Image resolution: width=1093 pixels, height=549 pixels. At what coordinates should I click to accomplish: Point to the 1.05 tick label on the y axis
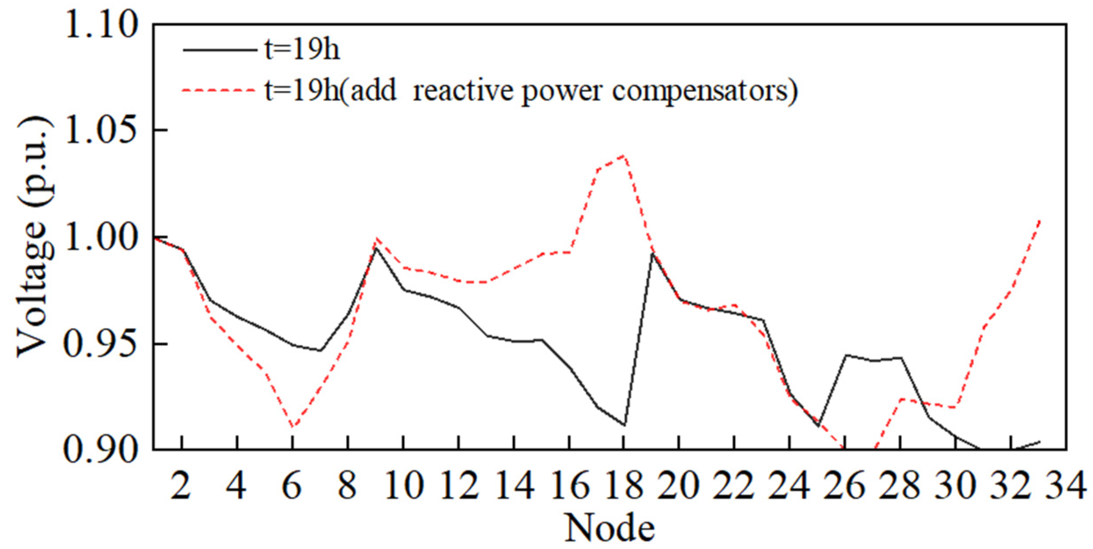point(101,130)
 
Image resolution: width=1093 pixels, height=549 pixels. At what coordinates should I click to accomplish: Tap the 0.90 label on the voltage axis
point(101,450)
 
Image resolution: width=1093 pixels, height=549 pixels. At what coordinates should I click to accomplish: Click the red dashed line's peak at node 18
point(623,155)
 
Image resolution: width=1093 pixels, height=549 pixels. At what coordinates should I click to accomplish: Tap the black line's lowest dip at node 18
point(624,425)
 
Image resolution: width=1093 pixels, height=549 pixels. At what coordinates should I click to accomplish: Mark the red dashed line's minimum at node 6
point(292,427)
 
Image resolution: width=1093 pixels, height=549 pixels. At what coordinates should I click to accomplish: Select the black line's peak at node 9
point(376,248)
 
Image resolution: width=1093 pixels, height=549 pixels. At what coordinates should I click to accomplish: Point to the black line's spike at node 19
point(652,254)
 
